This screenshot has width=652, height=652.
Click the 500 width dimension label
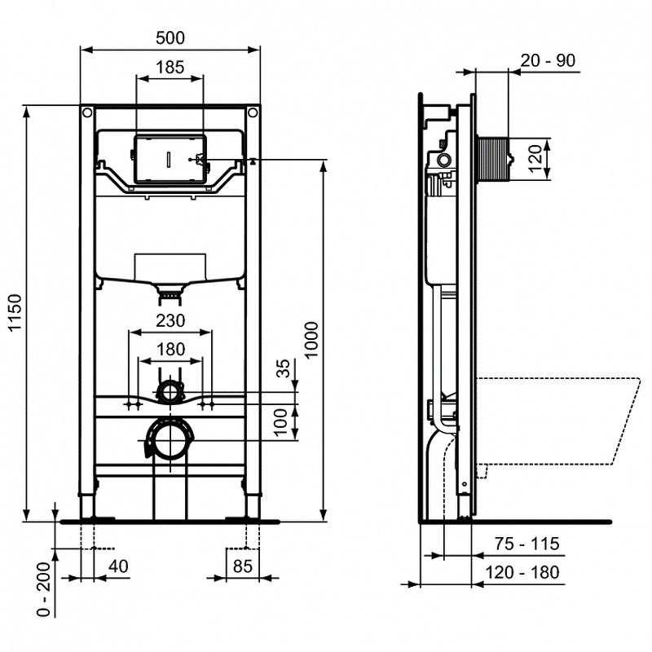pos(170,37)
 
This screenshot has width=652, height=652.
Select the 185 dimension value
pos(170,67)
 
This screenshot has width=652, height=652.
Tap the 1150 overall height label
pos(15,313)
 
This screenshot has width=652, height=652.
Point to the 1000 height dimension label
pos(311,339)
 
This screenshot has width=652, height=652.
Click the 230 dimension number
pos(170,320)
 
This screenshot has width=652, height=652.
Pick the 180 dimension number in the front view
pos(170,350)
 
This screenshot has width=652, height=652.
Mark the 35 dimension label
pos(283,368)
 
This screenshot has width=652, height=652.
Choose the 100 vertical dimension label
pos(281,421)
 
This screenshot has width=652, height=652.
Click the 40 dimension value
pos(118,566)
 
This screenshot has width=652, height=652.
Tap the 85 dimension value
pos(242,566)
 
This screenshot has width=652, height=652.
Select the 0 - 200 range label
pos(44,588)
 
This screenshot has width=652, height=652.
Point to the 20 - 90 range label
pos(548,60)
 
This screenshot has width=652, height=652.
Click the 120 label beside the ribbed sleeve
pos(535,158)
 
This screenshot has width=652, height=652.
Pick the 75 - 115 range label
pos(526,544)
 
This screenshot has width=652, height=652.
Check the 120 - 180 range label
pos(522,573)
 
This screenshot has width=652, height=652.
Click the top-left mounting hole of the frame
pos(87,112)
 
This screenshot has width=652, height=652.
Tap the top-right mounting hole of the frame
pos(253,112)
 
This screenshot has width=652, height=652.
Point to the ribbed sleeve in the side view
pos(493,159)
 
